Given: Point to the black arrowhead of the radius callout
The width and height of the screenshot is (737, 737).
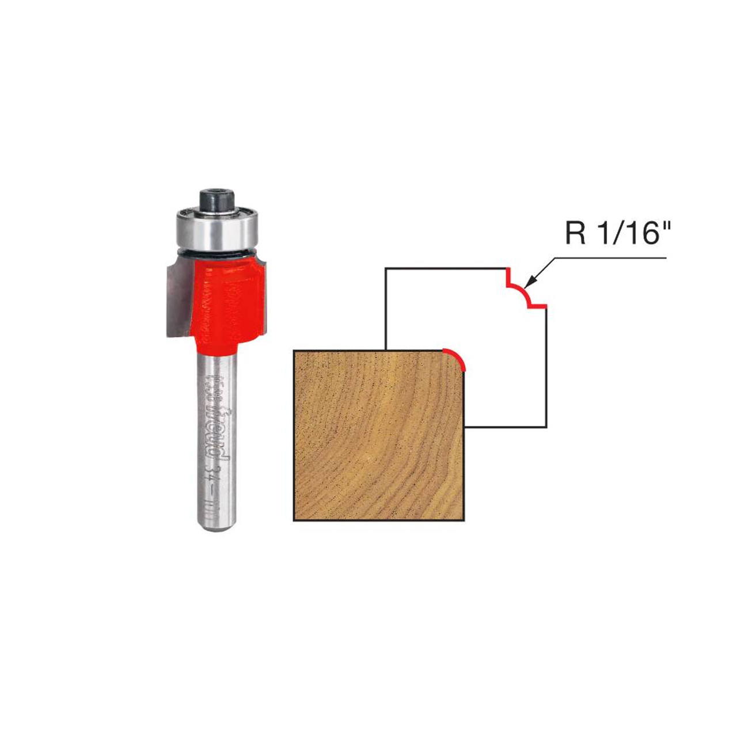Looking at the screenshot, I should click(x=531, y=282).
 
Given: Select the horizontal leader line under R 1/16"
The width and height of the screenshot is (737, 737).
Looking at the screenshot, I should click(x=610, y=258).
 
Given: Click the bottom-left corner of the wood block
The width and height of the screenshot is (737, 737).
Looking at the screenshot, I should click(x=294, y=520).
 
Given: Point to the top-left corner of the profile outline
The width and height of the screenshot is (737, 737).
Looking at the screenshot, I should click(x=386, y=268).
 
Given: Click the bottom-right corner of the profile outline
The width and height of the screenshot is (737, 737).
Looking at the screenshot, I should click(x=545, y=427).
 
